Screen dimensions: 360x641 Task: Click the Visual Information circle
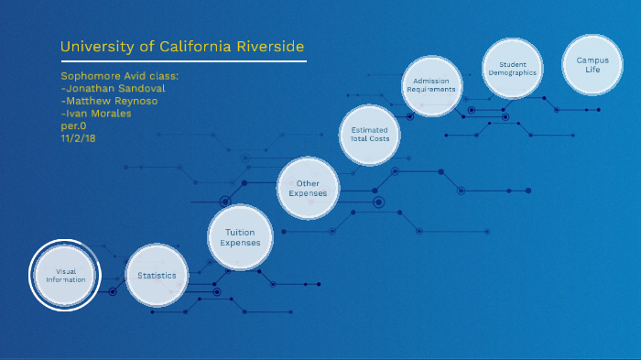tap(65, 276)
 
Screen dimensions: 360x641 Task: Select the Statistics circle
tap(157, 276)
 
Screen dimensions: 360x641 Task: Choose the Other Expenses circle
tap(308, 189)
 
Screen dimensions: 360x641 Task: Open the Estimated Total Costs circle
tap(370, 134)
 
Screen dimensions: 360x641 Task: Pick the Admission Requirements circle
tap(429, 85)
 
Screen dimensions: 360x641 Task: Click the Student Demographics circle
tap(513, 68)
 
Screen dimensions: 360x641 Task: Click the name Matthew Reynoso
tap(109, 101)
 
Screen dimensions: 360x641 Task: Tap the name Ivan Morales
tap(97, 113)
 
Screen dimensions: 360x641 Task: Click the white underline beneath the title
tap(183, 61)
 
